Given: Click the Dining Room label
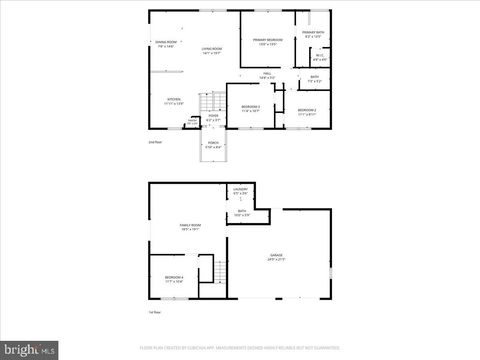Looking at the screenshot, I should coord(166,43).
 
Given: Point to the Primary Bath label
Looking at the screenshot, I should coord(313,34).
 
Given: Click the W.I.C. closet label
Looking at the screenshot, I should coord(319,57).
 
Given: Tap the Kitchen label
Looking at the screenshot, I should coord(173,100).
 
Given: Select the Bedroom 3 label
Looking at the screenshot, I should coord(250,108).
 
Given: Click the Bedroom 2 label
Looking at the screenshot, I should coord(307,110).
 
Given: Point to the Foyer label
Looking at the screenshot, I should coord(213,118).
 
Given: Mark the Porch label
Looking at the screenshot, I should coord(213,145).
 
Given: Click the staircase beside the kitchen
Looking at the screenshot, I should coord(208,101).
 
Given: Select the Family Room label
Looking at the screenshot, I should coord(190,227).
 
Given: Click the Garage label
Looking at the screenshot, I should coord(275,257).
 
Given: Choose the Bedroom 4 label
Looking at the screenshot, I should coord(174,280).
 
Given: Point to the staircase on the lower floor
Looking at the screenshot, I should coord(208,272).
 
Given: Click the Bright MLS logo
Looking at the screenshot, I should coord(29,350).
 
